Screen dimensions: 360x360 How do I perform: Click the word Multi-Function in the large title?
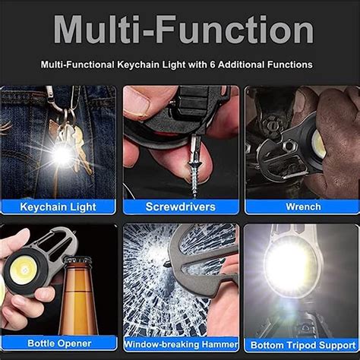coord(182,30)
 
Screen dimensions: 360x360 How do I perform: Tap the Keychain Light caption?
coord(59,206)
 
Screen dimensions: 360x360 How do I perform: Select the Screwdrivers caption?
coord(180,206)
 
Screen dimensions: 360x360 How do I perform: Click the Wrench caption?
coord(303,206)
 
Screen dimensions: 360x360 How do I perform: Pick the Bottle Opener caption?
coord(58,343)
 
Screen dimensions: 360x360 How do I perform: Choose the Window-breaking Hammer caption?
coord(180,343)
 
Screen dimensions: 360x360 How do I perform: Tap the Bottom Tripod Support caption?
coord(302,343)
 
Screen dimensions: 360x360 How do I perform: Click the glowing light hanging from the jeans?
coord(61,155)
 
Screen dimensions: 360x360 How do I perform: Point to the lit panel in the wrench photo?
coord(319,144)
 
